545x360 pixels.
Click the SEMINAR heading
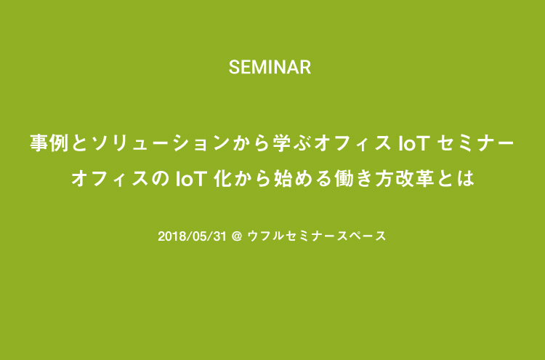(x=270, y=68)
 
